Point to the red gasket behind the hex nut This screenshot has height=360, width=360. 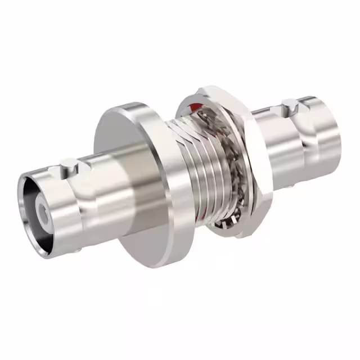coord(195,107)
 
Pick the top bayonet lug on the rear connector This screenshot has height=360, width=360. coord(289,105)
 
